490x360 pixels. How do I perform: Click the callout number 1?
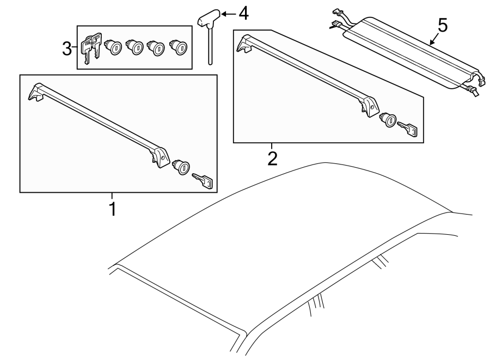click(113, 209)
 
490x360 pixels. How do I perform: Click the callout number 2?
click(272, 158)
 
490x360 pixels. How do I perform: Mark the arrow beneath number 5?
click(431, 40)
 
